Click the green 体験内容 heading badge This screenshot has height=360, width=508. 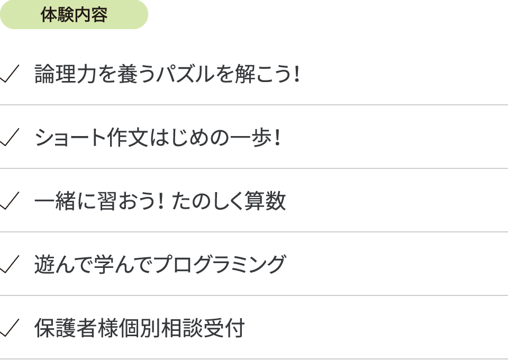tap(74, 15)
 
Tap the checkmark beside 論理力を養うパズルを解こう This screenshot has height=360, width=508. tap(10, 74)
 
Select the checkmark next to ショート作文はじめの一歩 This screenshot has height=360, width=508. tap(10, 137)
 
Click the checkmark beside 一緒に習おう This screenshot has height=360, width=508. tap(10, 201)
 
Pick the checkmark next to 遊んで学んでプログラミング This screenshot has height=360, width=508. tap(10, 264)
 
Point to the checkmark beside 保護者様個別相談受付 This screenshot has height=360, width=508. tap(10, 328)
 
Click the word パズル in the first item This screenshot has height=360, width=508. tap(185, 74)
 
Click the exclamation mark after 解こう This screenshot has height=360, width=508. tap(297, 74)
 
